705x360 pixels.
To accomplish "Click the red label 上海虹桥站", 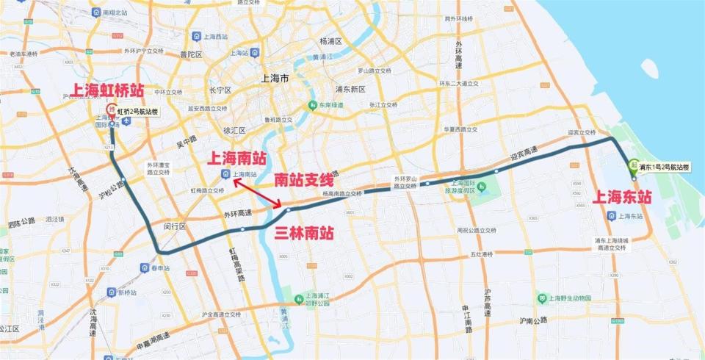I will point(106,91).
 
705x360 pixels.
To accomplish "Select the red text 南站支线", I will point(304,179).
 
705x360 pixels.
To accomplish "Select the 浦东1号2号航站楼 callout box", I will point(664,167).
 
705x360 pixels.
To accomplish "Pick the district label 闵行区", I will point(176,226).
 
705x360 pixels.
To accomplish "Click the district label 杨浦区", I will point(333,40).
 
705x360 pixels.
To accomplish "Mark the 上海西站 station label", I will point(214,36).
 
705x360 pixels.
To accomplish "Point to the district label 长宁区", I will point(220,90).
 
